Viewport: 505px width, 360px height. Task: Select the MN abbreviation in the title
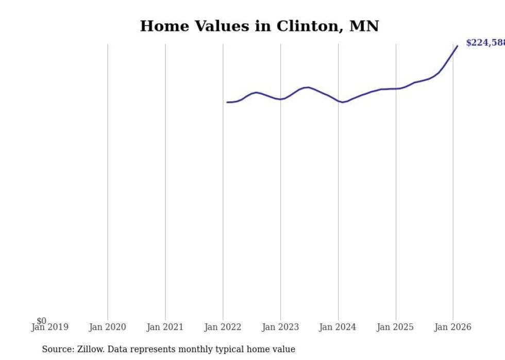pos(364,26)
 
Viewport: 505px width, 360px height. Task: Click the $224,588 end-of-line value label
pos(485,43)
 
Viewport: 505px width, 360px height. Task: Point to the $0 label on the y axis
pos(41,321)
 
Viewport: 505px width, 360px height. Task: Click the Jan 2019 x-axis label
pos(49,327)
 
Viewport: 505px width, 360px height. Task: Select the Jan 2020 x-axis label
pos(107,327)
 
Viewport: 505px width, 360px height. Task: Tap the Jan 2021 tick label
pos(165,327)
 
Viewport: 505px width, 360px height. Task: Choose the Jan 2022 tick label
pos(223,327)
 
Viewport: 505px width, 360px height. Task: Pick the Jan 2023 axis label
pos(280,327)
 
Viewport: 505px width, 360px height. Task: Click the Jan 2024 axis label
pos(338,327)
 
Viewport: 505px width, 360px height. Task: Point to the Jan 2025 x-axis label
pos(395,327)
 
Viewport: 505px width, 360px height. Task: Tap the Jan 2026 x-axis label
pos(452,327)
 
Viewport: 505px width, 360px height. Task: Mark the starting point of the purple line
pos(227,102)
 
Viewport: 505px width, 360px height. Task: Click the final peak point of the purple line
pos(457,46)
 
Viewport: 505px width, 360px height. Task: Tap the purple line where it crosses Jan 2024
pos(338,101)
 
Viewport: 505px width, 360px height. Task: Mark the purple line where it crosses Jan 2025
pos(396,89)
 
